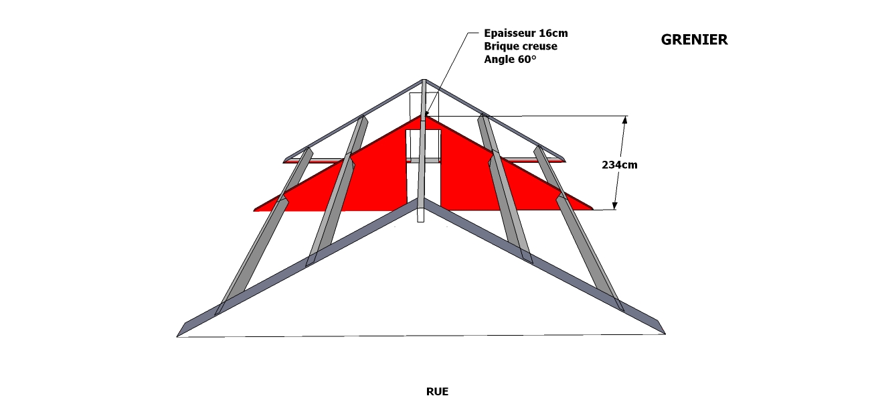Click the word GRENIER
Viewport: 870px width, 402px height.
pyautogui.click(x=694, y=40)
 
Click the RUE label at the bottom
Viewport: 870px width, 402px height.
pyautogui.click(x=437, y=391)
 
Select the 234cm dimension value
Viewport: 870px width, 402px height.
pyautogui.click(x=619, y=164)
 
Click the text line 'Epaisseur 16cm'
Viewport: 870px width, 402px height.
pyautogui.click(x=526, y=33)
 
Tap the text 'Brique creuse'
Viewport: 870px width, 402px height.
pyautogui.click(x=520, y=46)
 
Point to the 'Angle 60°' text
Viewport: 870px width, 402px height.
pyautogui.click(x=510, y=60)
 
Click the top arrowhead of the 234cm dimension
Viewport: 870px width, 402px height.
pyautogui.click(x=625, y=120)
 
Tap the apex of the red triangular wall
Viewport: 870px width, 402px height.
pyautogui.click(x=423, y=115)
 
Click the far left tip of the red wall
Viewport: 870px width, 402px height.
pyautogui.click(x=255, y=210)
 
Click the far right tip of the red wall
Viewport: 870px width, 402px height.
pyautogui.click(x=592, y=209)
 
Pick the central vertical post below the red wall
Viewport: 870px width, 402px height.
pyautogui.click(x=421, y=214)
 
